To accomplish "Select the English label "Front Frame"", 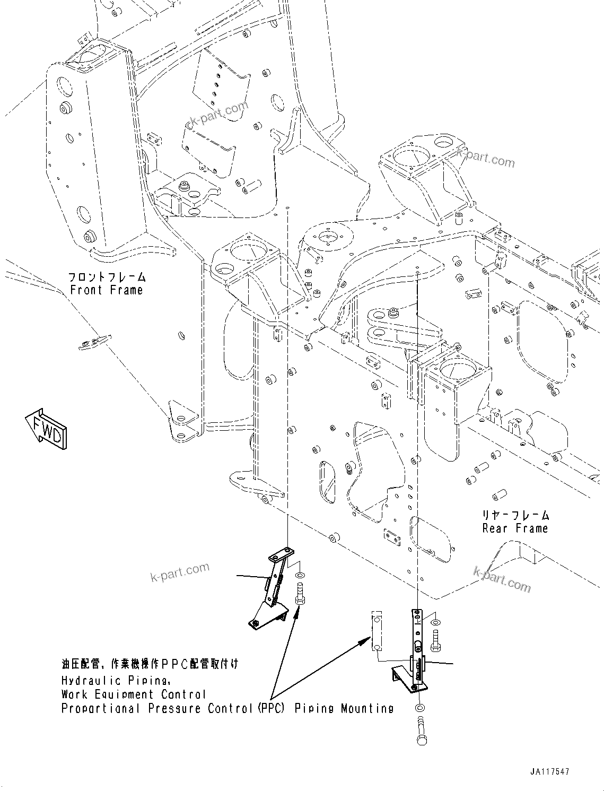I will pos(107,290).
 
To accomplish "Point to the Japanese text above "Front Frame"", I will pos(107,277).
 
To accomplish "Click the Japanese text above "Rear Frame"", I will pos(515,515).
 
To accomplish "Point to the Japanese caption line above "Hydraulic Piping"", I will pos(150,664).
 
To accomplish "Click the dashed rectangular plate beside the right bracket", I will pos(376,630).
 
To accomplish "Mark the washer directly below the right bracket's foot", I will pos(420,708).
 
